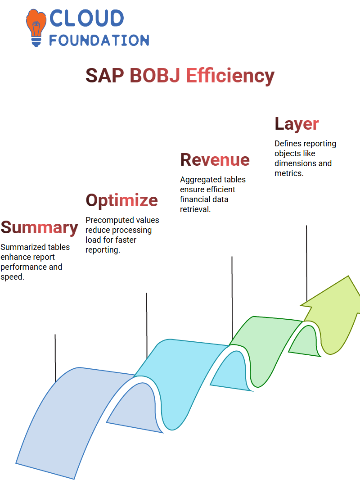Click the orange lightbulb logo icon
click(36, 27)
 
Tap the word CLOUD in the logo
click(86, 18)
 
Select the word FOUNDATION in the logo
click(99, 40)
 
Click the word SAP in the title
click(104, 76)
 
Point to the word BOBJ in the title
click(155, 76)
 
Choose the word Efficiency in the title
click(230, 76)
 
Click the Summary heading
click(40, 228)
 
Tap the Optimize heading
click(122, 201)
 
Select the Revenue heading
click(215, 160)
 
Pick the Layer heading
click(297, 124)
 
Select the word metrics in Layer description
click(289, 173)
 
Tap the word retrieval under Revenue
click(195, 209)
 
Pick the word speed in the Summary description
click(12, 277)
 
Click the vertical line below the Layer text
click(306, 263)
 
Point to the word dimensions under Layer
click(295, 163)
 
